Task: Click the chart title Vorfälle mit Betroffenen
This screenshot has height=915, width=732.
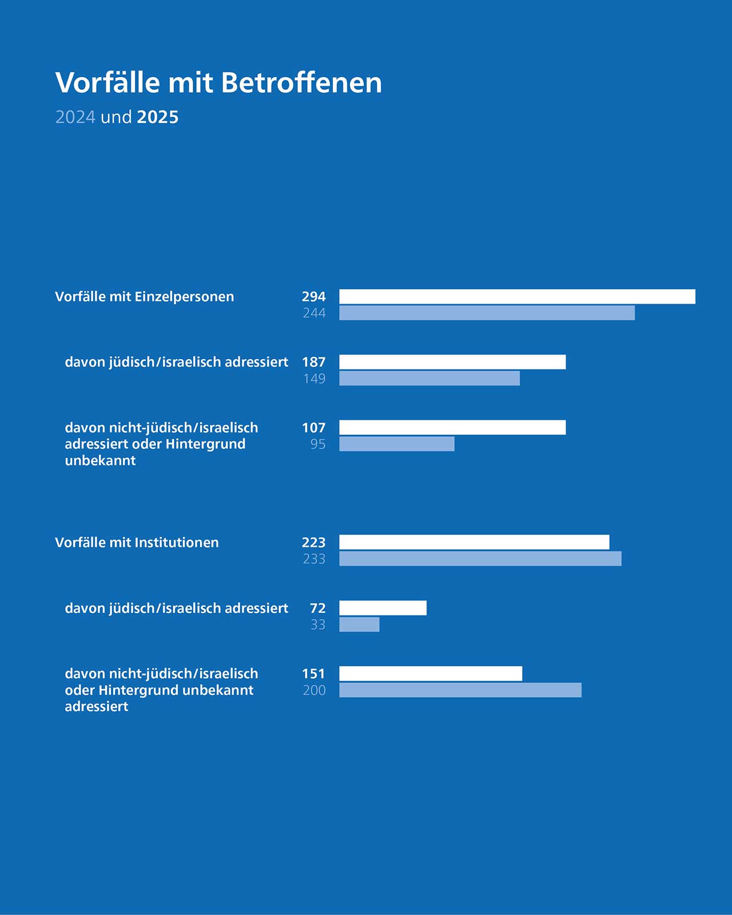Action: click(218, 82)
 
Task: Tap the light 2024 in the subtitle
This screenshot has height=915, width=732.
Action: click(75, 117)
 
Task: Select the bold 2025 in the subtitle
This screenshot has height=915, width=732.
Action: click(157, 117)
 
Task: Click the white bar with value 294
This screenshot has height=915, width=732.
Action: click(517, 296)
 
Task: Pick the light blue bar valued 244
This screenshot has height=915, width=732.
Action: click(487, 313)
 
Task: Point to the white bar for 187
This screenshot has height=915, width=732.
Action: click(452, 362)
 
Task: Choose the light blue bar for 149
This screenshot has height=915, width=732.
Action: click(429, 379)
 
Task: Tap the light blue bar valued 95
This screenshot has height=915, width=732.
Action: click(397, 444)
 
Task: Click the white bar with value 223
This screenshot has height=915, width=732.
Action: click(474, 542)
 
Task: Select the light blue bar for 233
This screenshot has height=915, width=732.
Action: click(480, 559)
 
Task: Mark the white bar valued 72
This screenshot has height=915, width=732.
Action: click(383, 608)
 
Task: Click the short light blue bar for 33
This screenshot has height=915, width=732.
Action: click(359, 624)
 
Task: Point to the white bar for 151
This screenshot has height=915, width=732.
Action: click(431, 674)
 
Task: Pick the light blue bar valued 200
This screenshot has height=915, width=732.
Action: click(460, 690)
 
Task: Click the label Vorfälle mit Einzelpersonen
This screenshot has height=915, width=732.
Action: click(145, 296)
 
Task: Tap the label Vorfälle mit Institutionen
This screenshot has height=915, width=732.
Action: click(137, 542)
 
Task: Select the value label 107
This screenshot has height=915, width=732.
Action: click(314, 427)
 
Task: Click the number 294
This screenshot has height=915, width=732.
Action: click(314, 296)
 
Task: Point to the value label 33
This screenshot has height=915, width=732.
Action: click(318, 624)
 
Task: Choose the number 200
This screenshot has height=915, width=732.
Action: click(315, 690)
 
